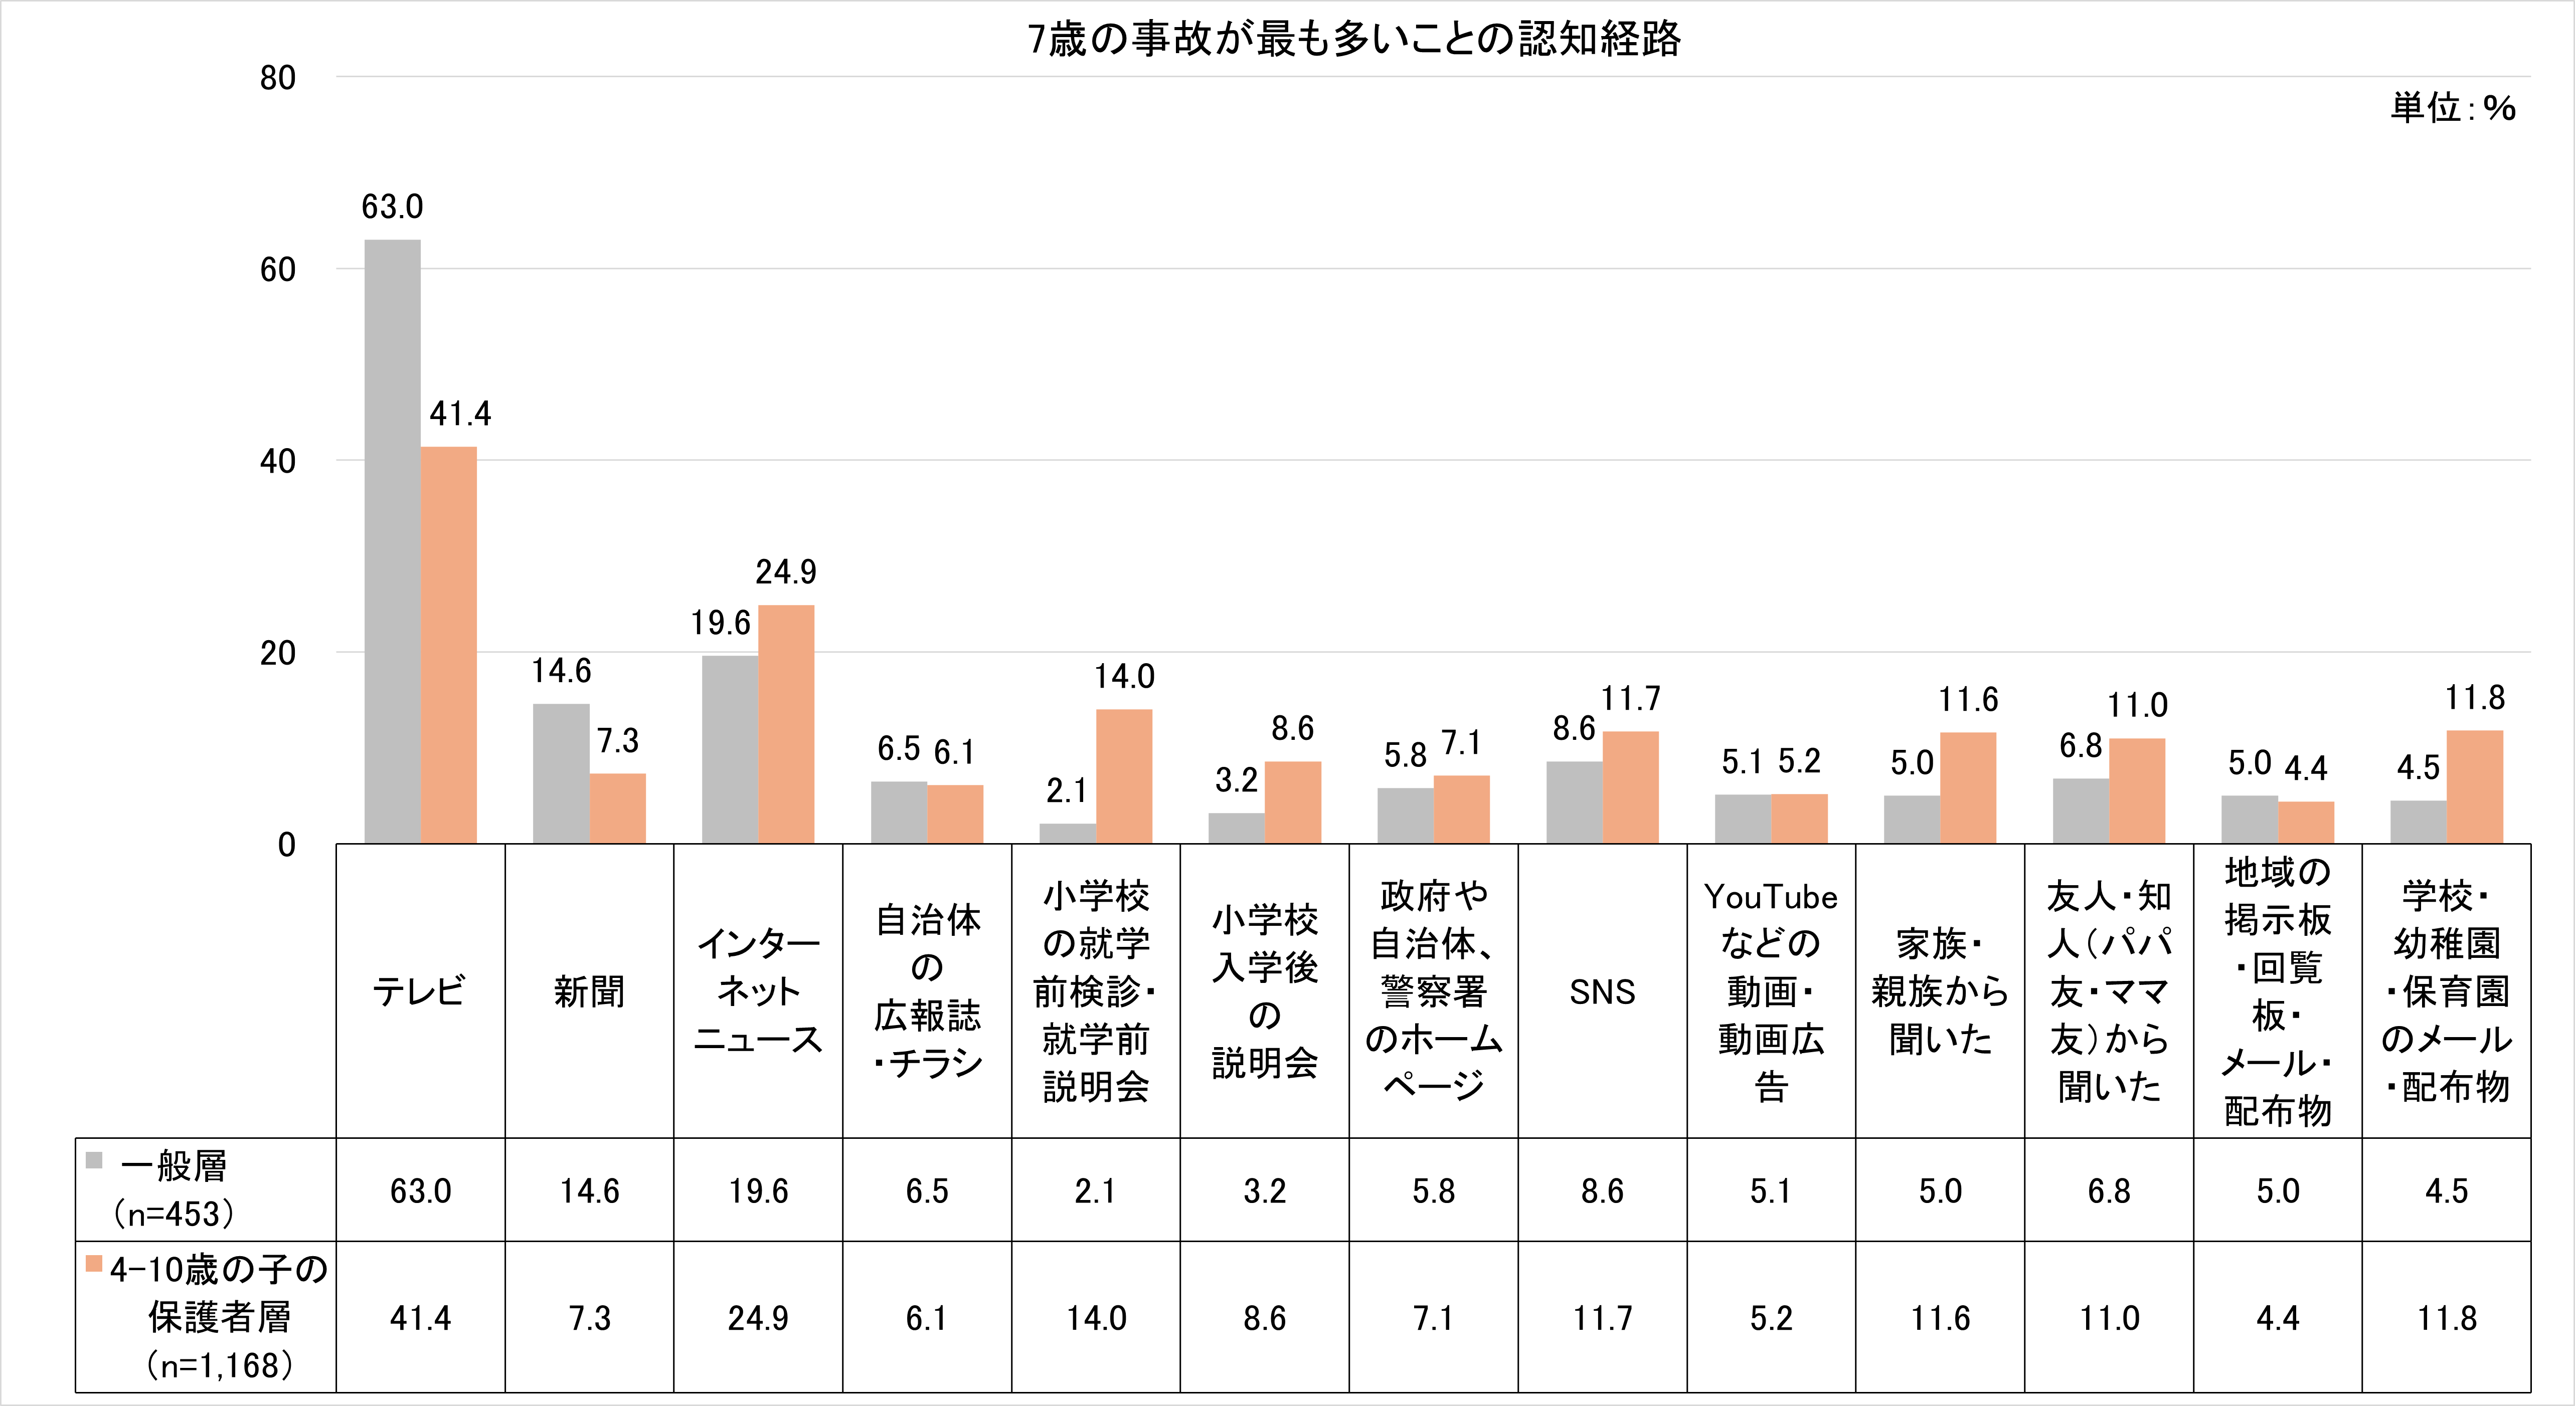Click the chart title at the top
1354,40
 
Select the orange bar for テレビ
449,645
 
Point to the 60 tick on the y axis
278,270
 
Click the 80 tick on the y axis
278,78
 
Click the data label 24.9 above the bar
786,571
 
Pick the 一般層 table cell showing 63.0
421,1191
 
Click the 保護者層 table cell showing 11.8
2446,1318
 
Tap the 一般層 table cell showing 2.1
1096,1191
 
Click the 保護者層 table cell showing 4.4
2277,1318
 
